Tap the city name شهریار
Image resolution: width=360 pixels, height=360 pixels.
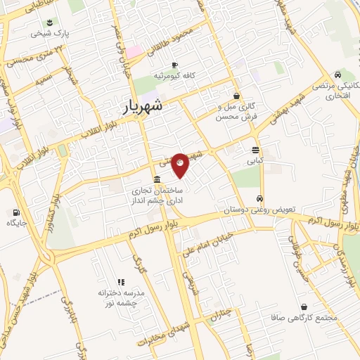point(137,106)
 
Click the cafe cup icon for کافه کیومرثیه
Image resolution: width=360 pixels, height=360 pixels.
point(165,65)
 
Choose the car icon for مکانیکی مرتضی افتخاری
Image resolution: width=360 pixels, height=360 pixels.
point(338,75)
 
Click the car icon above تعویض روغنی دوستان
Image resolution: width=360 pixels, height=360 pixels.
point(260,198)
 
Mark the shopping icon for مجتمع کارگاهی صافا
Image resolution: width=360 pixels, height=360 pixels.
point(303,307)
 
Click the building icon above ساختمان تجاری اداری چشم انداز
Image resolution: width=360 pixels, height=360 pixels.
point(156,179)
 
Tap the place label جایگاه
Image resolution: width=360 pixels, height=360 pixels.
point(15,224)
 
